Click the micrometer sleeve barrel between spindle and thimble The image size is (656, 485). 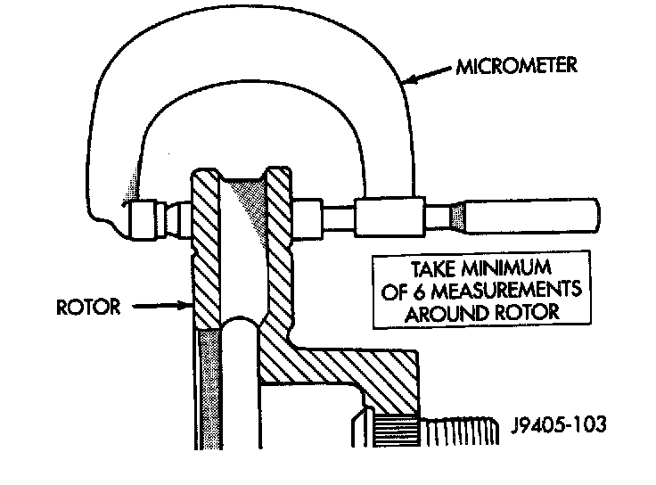pos(389,217)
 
